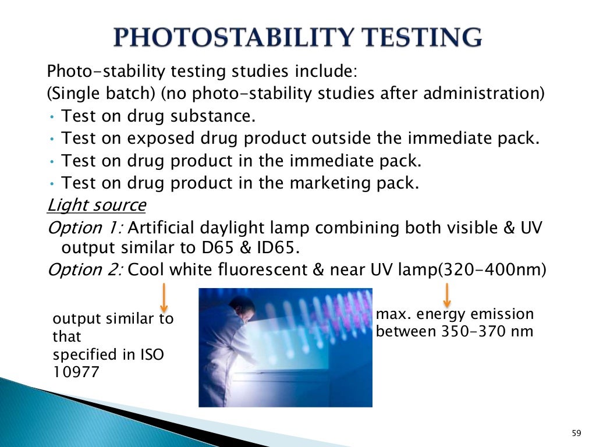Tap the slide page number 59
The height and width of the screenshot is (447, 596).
click(576, 433)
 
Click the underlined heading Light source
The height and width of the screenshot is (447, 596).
click(97, 205)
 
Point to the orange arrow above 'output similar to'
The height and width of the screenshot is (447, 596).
click(164, 297)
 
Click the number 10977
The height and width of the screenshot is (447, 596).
click(76, 372)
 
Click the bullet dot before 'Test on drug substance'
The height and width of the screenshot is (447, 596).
click(52, 117)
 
